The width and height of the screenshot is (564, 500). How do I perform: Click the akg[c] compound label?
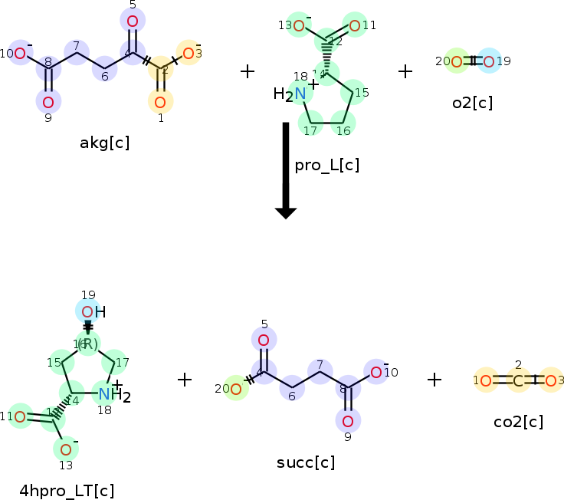[104, 143]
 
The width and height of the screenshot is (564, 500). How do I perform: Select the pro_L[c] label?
[326, 166]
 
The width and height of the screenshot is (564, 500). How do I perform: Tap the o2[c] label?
[472, 103]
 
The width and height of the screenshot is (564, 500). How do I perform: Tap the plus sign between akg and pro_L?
[247, 72]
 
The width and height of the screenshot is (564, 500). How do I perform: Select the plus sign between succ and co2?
[434, 379]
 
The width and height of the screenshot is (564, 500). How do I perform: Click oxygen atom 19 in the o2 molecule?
[489, 61]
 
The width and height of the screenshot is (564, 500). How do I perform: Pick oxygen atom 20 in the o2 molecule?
[457, 61]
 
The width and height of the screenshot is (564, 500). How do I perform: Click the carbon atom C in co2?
[518, 380]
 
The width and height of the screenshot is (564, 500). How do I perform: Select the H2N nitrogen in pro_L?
[300, 94]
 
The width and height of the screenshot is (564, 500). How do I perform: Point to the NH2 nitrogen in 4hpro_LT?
[105, 394]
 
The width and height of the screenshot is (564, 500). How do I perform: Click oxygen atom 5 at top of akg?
[133, 20]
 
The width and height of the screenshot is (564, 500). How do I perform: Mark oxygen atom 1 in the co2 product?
[486, 380]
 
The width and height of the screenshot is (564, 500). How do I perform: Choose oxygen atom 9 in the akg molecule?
[48, 101]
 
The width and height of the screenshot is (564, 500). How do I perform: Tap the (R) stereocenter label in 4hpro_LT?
[88, 344]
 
